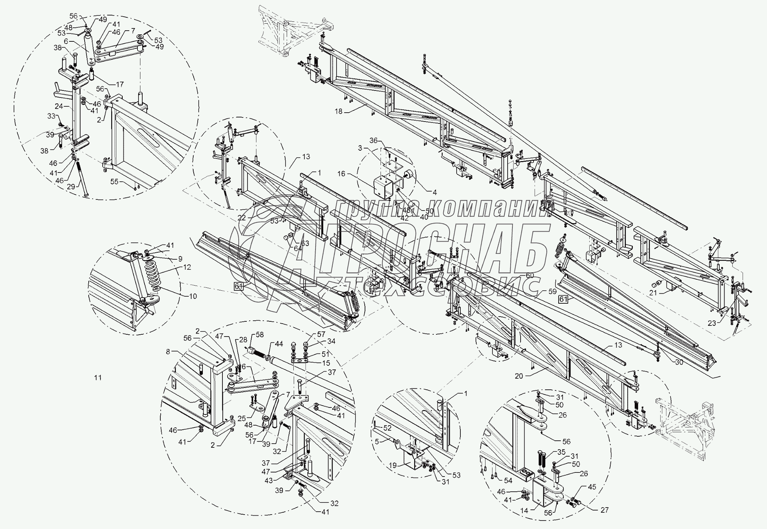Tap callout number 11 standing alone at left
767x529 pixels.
[x=98, y=378]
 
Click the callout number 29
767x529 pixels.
[x=71, y=187]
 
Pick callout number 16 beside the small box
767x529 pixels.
[x=341, y=174]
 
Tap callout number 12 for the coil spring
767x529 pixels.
[x=187, y=267]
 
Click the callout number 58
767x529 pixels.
[x=260, y=335]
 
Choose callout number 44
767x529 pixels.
[x=279, y=344]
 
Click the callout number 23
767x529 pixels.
[x=711, y=323]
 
